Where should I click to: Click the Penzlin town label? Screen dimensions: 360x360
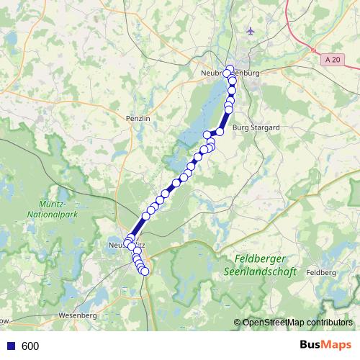(x=138, y=117)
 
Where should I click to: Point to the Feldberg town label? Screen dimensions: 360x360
(x=321, y=273)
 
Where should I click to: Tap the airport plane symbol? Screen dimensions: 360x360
(x=250, y=31)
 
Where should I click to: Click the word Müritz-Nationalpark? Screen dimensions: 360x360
(x=50, y=210)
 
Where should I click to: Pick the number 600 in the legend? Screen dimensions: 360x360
(x=30, y=346)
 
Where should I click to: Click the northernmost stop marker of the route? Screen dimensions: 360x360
(x=230, y=69)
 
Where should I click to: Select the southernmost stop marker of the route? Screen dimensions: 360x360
(x=145, y=271)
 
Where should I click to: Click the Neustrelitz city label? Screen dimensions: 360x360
(x=124, y=246)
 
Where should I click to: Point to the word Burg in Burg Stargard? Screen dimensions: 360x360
(x=240, y=127)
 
